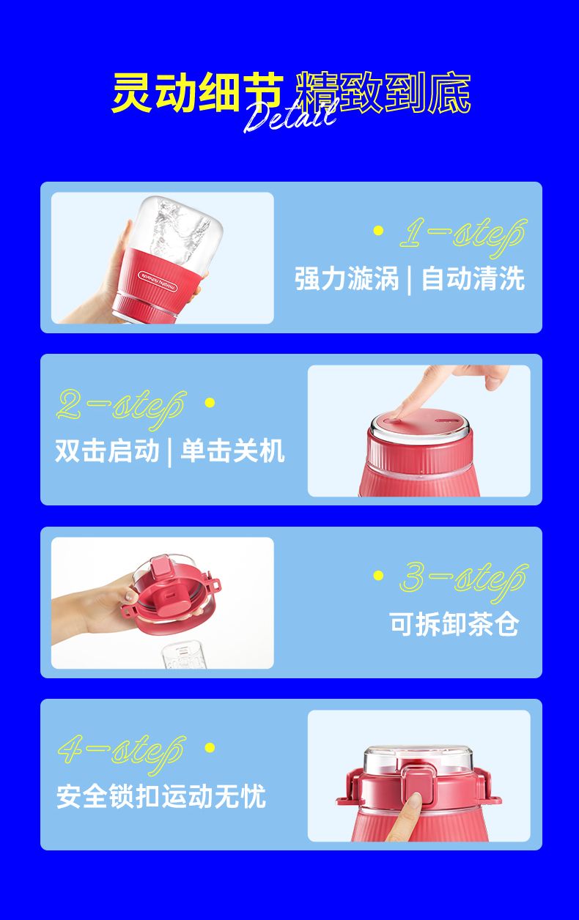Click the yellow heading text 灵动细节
click(x=198, y=92)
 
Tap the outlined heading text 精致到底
click(x=383, y=92)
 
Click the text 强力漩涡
click(x=347, y=278)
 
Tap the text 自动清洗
click(x=473, y=278)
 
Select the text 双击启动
click(x=107, y=451)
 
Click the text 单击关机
click(x=232, y=451)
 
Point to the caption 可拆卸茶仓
click(x=454, y=623)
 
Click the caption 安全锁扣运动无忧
click(x=161, y=796)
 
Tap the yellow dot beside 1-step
click(x=378, y=231)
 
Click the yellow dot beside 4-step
click(x=210, y=747)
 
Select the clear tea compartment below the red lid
click(x=183, y=656)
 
